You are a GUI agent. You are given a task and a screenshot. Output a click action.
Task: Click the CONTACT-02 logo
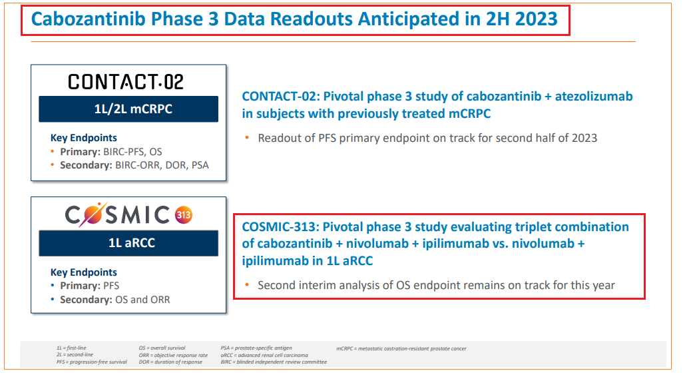click(126, 82)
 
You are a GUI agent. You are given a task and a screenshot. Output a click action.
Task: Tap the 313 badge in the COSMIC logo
click(184, 215)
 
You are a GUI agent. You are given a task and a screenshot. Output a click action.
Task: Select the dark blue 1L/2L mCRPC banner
click(128, 109)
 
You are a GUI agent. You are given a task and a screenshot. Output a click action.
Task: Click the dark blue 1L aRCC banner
click(128, 243)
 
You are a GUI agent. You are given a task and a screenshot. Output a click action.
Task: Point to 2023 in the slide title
click(537, 19)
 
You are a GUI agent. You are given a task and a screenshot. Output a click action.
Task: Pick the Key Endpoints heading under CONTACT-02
click(84, 138)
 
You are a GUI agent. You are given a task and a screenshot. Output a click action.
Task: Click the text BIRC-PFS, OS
click(132, 152)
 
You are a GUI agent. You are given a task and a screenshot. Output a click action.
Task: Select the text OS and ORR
click(142, 300)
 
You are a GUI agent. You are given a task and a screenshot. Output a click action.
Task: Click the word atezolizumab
click(594, 97)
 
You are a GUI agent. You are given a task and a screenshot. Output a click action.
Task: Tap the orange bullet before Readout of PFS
click(247, 138)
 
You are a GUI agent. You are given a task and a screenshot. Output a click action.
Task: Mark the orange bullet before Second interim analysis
click(247, 285)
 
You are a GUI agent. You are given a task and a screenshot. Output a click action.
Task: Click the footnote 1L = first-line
click(71, 348)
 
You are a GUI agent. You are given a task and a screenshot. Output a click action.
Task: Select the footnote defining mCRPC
click(401, 348)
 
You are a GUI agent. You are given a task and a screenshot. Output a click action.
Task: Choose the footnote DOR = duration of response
click(170, 362)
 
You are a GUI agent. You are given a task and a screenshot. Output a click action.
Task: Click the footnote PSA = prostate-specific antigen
click(256, 348)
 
